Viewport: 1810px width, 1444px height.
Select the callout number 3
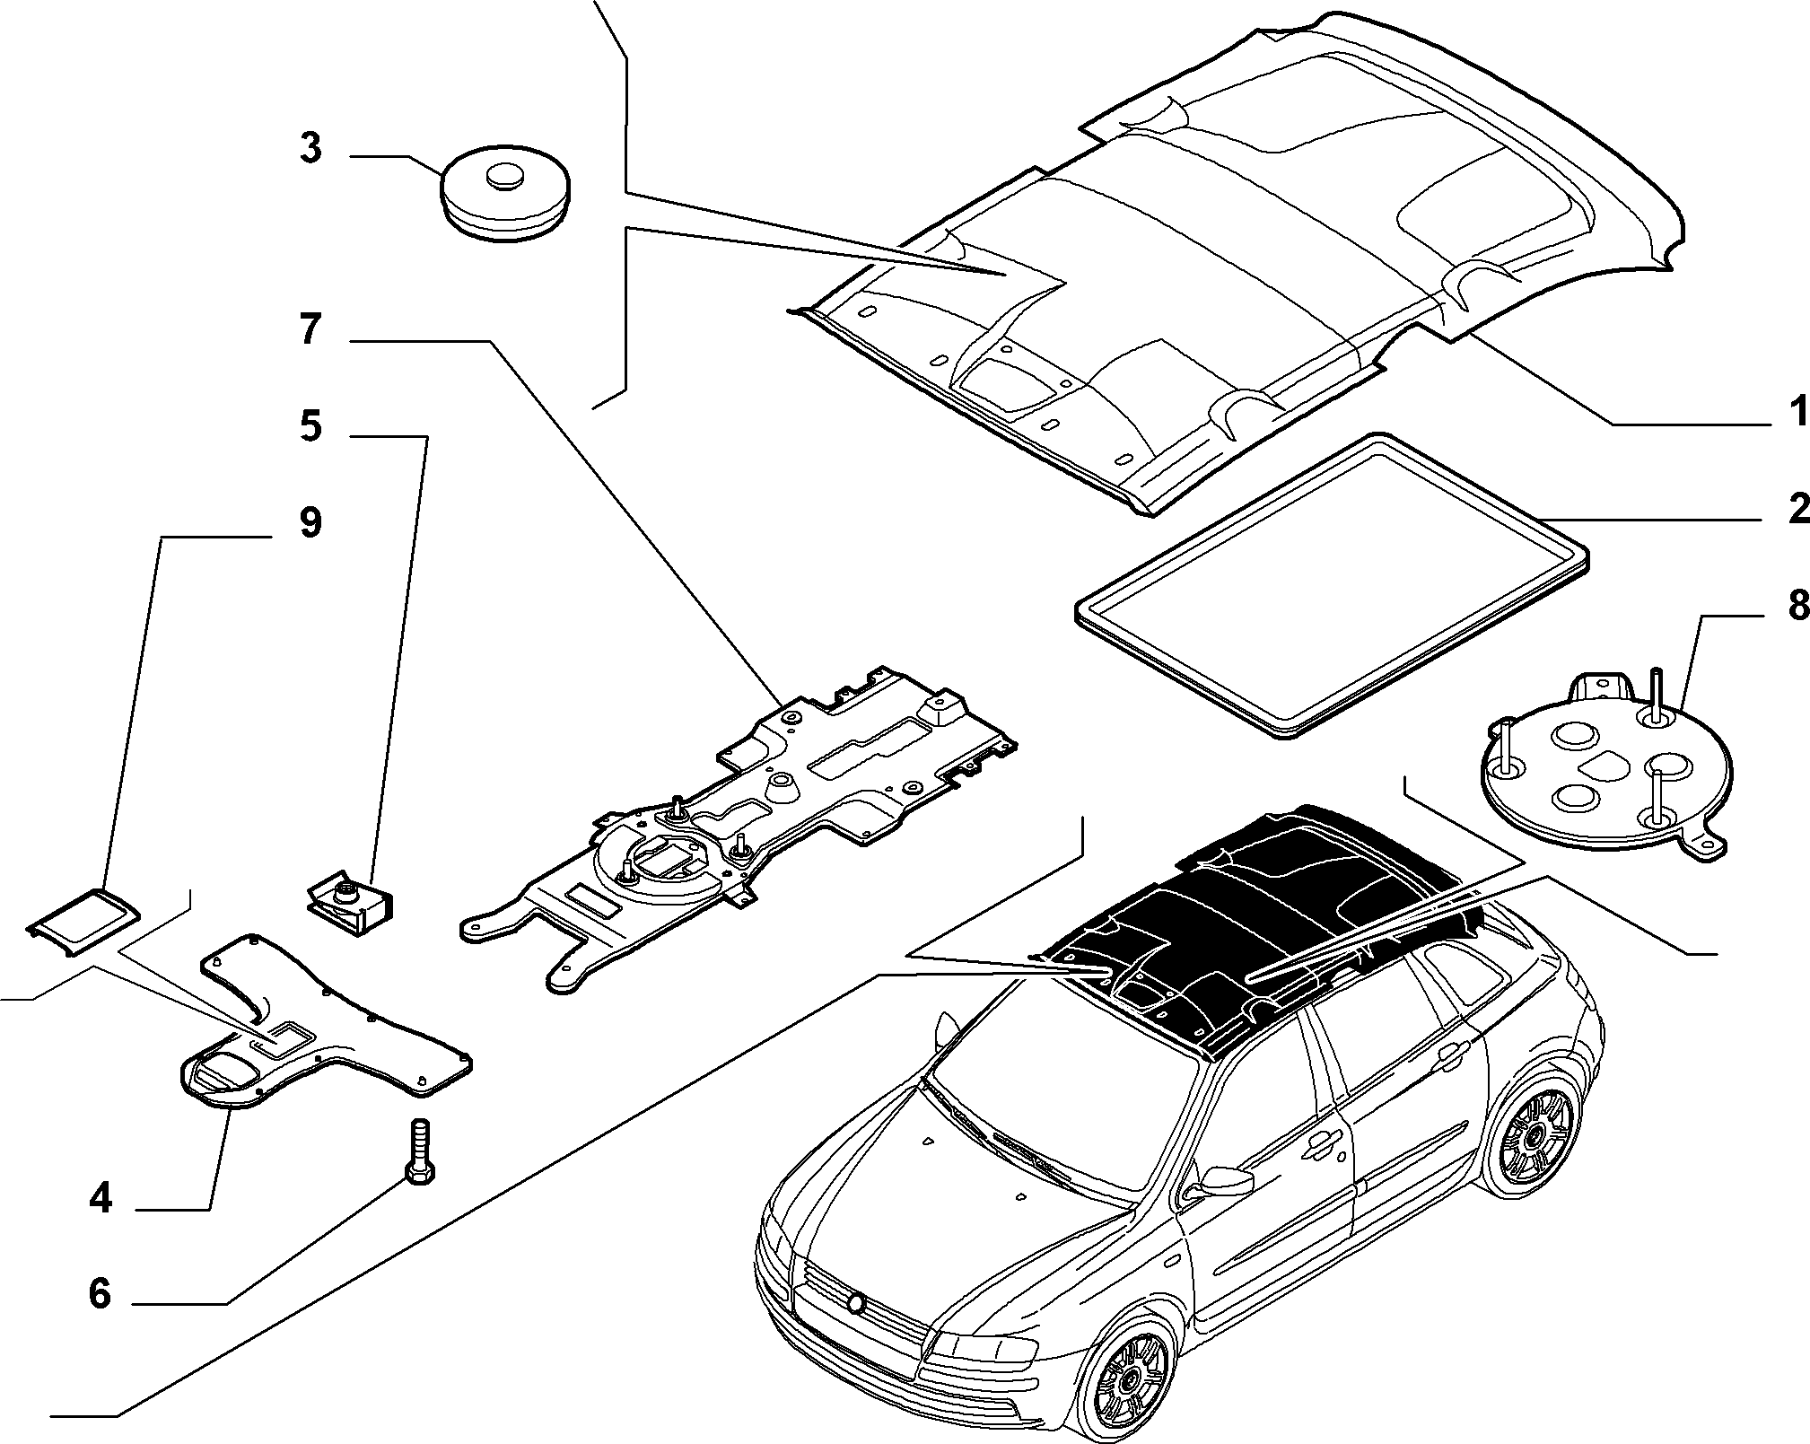coord(310,148)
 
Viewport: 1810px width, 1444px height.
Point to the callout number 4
coord(101,1199)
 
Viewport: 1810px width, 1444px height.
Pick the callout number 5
coord(310,425)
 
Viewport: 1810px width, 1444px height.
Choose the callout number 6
coord(100,1294)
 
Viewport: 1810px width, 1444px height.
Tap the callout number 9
coord(310,522)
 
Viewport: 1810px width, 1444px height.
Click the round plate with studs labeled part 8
coord(1605,772)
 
